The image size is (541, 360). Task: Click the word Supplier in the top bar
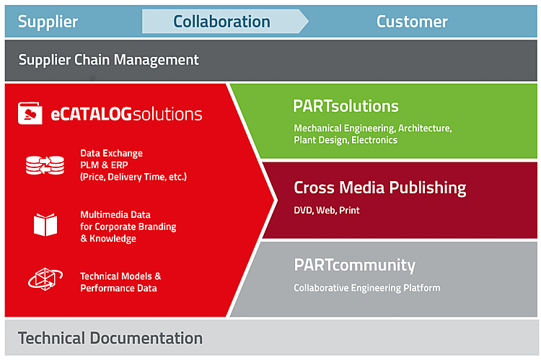[48, 22]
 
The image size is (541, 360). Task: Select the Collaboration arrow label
[221, 22]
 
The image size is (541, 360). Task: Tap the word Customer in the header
[412, 22]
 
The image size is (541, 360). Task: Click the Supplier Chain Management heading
[108, 60]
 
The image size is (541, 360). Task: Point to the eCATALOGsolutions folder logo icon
[30, 113]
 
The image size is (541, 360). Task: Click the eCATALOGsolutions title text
[126, 114]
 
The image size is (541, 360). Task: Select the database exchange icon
[45, 165]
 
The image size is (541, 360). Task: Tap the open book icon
[45, 224]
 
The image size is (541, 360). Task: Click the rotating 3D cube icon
[45, 279]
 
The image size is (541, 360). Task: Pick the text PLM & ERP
[104, 165]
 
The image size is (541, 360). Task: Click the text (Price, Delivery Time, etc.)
[133, 177]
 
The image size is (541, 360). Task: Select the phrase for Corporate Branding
[128, 227]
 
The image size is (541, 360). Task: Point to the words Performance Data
[118, 288]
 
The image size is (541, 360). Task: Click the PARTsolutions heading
[346, 106]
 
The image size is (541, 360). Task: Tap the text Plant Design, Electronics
[346, 140]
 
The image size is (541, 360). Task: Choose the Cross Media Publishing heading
[380, 188]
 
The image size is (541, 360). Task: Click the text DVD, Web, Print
[326, 210]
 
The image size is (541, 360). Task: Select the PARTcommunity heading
[355, 265]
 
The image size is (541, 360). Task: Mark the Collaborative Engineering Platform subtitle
[366, 288]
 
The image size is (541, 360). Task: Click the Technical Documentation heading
[110, 338]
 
